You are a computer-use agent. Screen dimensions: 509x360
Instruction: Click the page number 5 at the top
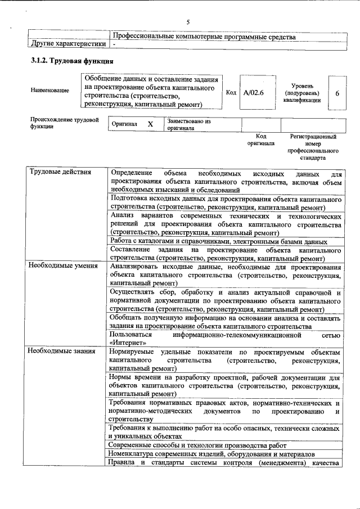(x=188, y=22)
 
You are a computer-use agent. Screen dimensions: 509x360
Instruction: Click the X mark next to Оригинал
(x=150, y=124)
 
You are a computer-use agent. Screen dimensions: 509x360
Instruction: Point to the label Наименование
(x=51, y=91)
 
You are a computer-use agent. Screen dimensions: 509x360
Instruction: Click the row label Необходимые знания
(x=62, y=351)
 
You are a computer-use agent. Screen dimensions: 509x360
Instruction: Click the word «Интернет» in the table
(x=129, y=342)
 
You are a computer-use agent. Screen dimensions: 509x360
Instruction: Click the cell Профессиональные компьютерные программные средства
(x=204, y=36)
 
